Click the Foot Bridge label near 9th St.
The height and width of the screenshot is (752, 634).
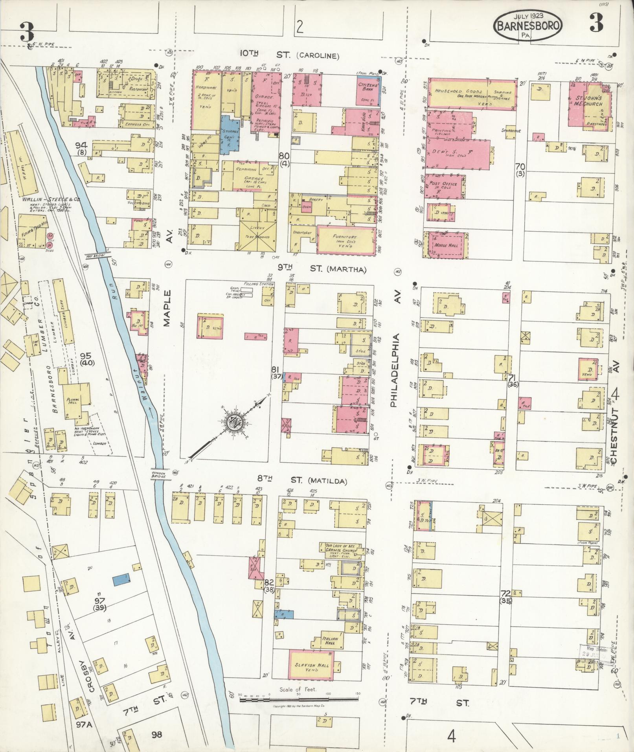[92, 255]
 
